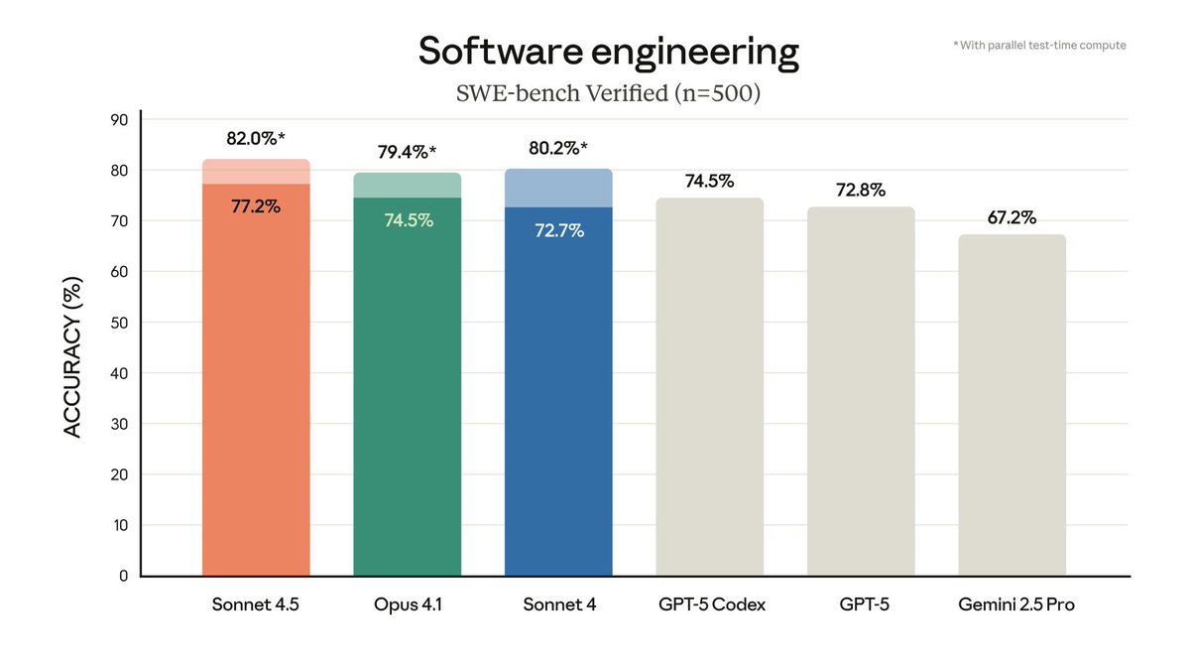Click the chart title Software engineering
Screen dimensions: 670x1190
608,52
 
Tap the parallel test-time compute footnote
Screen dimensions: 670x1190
1038,45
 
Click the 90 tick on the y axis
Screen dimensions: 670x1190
119,120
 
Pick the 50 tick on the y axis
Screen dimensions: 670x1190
119,323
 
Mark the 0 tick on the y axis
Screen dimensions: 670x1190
123,576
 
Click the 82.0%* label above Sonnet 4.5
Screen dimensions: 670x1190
256,139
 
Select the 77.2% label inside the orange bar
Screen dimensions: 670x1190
256,206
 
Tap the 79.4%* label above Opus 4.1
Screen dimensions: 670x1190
408,152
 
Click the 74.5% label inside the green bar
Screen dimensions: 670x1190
408,220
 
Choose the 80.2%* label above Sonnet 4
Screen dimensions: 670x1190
558,148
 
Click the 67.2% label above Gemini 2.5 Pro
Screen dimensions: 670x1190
1011,217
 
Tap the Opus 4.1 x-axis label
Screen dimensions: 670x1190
408,604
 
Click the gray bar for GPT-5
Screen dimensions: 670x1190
861,397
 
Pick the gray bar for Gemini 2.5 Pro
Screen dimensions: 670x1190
1011,407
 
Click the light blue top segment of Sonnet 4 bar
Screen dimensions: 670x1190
558,189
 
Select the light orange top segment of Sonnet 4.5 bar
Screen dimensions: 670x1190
256,172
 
